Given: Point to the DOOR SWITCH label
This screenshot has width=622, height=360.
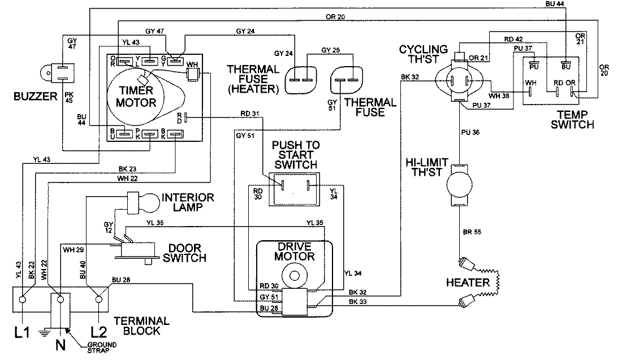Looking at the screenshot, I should click(184, 253).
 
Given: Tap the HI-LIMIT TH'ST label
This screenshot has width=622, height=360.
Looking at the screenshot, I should click(427, 167).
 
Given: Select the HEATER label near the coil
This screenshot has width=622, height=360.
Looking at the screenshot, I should click(467, 283).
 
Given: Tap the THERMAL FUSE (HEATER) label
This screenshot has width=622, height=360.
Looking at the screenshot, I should click(253, 79).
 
